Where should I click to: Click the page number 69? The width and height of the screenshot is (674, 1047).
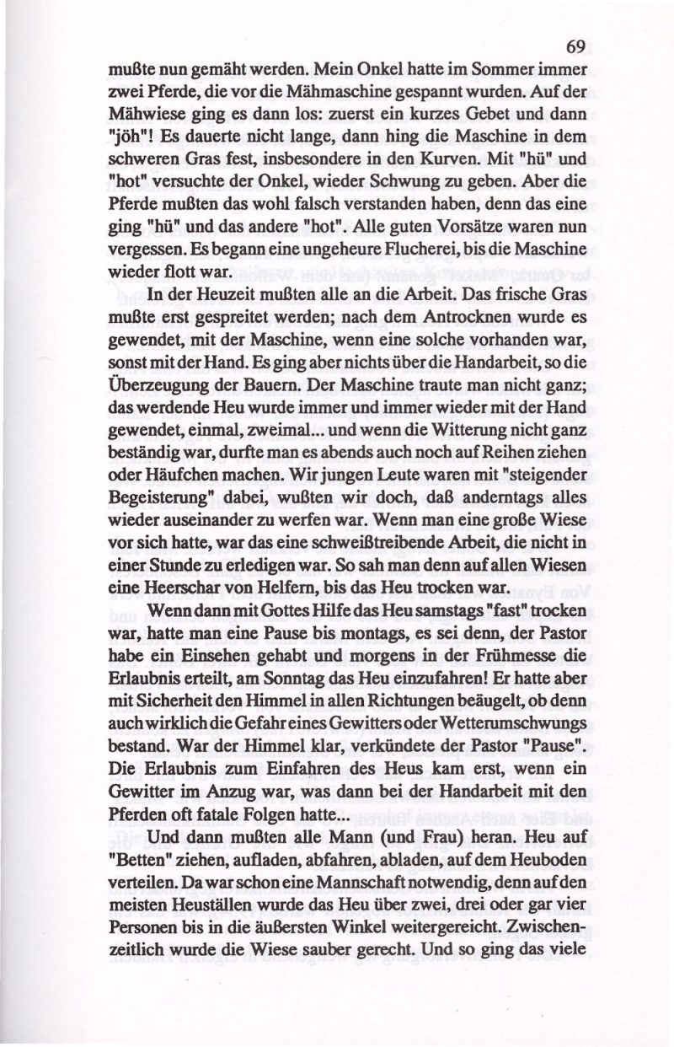[576, 46]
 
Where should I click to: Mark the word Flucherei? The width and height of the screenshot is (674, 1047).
[360, 251]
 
